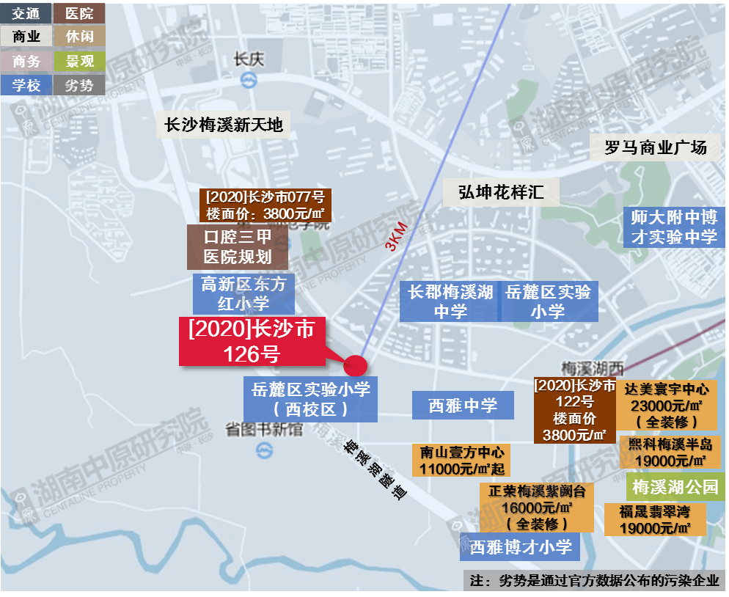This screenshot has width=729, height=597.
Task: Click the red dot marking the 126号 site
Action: pyautogui.click(x=355, y=365)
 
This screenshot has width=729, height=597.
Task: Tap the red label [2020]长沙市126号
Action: pyautogui.click(x=252, y=342)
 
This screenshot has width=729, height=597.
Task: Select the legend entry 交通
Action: pyautogui.click(x=26, y=13)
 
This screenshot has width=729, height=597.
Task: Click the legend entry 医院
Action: pyautogui.click(x=79, y=13)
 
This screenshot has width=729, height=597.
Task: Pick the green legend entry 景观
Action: pyautogui.click(x=79, y=61)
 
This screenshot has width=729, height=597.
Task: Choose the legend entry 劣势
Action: pyautogui.click(x=79, y=85)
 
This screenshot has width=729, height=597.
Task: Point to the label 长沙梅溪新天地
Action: pyautogui.click(x=224, y=125)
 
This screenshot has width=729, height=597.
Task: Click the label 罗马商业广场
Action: pyautogui.click(x=655, y=147)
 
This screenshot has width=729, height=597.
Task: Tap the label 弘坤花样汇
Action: pyautogui.click(x=501, y=192)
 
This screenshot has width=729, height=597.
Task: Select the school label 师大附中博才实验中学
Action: pyautogui.click(x=674, y=227)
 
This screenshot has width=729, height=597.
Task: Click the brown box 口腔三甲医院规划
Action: pyautogui.click(x=237, y=247)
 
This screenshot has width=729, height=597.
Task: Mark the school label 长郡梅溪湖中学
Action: pyautogui.click(x=450, y=301)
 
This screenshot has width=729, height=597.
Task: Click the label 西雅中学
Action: pyautogui.click(x=462, y=405)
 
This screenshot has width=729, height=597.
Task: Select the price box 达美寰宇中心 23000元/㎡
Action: pyautogui.click(x=666, y=405)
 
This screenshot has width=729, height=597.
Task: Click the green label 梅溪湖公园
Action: pyautogui.click(x=675, y=487)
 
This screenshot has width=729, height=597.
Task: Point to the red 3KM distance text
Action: pyautogui.click(x=397, y=236)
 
